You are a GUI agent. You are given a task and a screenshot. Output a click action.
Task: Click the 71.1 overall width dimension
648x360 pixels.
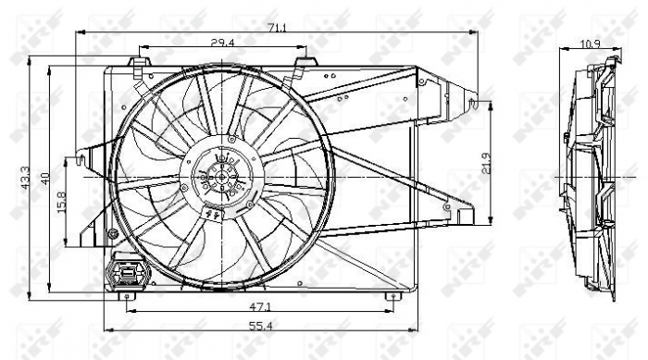[277, 28]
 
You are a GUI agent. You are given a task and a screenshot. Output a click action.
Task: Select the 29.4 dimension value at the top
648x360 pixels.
[221, 43]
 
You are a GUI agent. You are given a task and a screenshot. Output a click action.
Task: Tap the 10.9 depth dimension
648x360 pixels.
[589, 43]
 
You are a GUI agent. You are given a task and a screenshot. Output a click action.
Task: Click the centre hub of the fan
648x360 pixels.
[221, 175]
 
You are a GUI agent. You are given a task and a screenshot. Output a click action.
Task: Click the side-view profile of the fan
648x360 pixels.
[591, 176]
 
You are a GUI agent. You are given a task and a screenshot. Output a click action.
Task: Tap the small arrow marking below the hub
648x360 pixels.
[214, 216]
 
